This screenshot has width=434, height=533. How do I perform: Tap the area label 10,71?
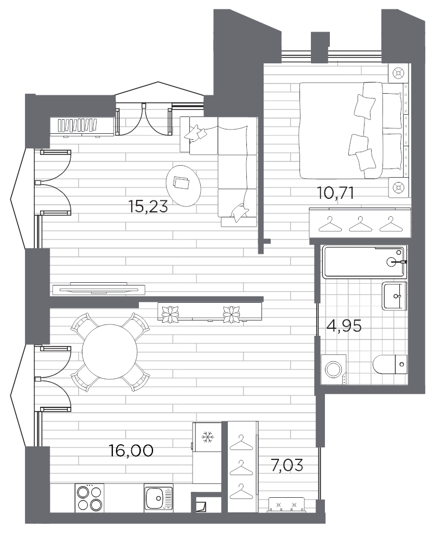click(335, 193)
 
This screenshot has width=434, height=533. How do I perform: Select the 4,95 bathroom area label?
click(343, 327)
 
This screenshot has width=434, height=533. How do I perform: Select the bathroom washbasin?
click(394, 296)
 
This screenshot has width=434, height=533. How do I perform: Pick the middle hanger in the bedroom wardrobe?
click(359, 223)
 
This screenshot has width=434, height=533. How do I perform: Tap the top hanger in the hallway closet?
click(242, 443)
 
